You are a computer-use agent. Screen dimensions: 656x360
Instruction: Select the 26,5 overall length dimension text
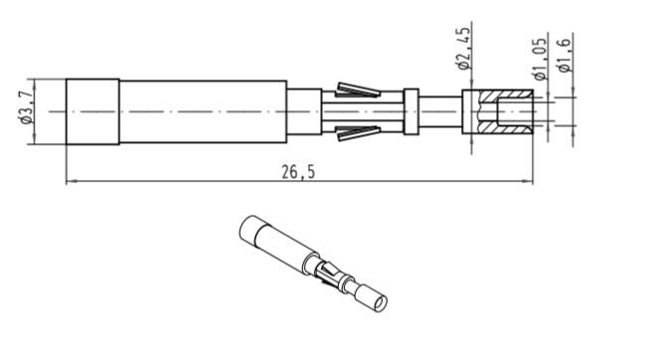[x=298, y=172]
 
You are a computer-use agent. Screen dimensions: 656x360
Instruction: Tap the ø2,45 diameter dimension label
[x=464, y=49]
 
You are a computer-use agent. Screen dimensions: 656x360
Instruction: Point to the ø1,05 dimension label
[x=540, y=59]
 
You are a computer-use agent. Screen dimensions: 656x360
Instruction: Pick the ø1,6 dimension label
[x=565, y=56]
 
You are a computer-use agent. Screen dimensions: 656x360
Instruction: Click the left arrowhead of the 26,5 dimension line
[x=72, y=181]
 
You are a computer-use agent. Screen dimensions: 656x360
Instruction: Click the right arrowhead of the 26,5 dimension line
[x=528, y=181]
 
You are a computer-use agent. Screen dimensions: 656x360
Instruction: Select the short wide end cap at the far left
[x=92, y=111]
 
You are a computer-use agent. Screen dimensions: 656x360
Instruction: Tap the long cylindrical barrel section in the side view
[x=204, y=111]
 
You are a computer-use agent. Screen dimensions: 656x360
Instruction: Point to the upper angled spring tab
[x=359, y=90]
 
